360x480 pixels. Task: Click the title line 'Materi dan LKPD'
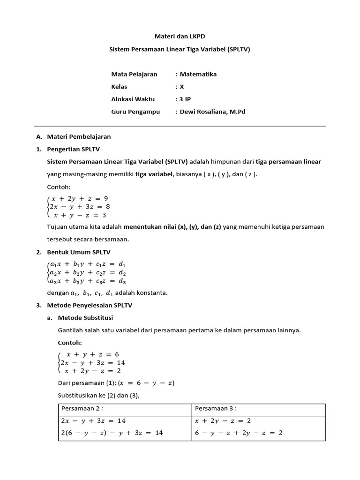(180, 36)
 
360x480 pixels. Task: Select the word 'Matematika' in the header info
(198, 74)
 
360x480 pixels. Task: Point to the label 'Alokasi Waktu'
(133, 99)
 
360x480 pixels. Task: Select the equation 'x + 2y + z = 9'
(80, 198)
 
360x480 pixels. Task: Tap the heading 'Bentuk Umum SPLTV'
(79, 252)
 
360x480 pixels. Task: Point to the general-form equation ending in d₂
(87, 273)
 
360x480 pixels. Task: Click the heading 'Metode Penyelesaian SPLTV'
(90, 305)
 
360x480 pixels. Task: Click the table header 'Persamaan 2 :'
(82, 408)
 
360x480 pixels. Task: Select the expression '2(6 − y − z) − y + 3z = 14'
(112, 433)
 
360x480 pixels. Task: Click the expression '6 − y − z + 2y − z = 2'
(239, 433)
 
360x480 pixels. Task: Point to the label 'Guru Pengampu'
(135, 112)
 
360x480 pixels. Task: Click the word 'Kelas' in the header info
(119, 87)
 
